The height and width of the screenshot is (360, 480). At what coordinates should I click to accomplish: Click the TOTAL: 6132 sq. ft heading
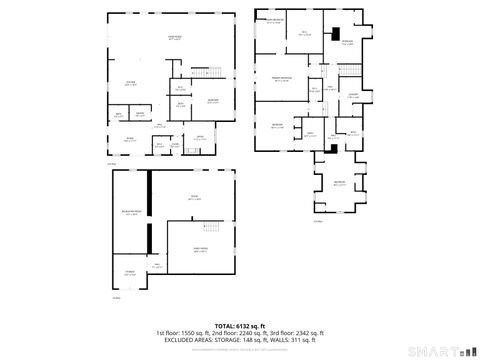point(240,326)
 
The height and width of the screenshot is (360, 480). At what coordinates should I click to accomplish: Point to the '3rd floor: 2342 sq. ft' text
point(296,333)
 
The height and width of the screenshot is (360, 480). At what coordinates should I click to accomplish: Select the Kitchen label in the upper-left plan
point(130,83)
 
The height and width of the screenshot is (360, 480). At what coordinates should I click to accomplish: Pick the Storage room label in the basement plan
point(129,272)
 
